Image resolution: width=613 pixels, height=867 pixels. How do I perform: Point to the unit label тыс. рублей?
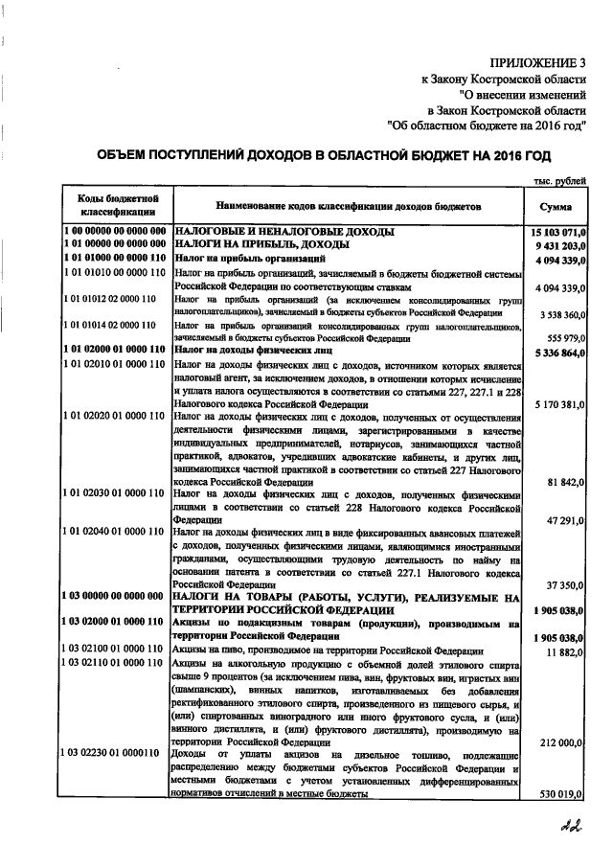coord(561,181)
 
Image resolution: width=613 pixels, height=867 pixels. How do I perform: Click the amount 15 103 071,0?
coord(557,232)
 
